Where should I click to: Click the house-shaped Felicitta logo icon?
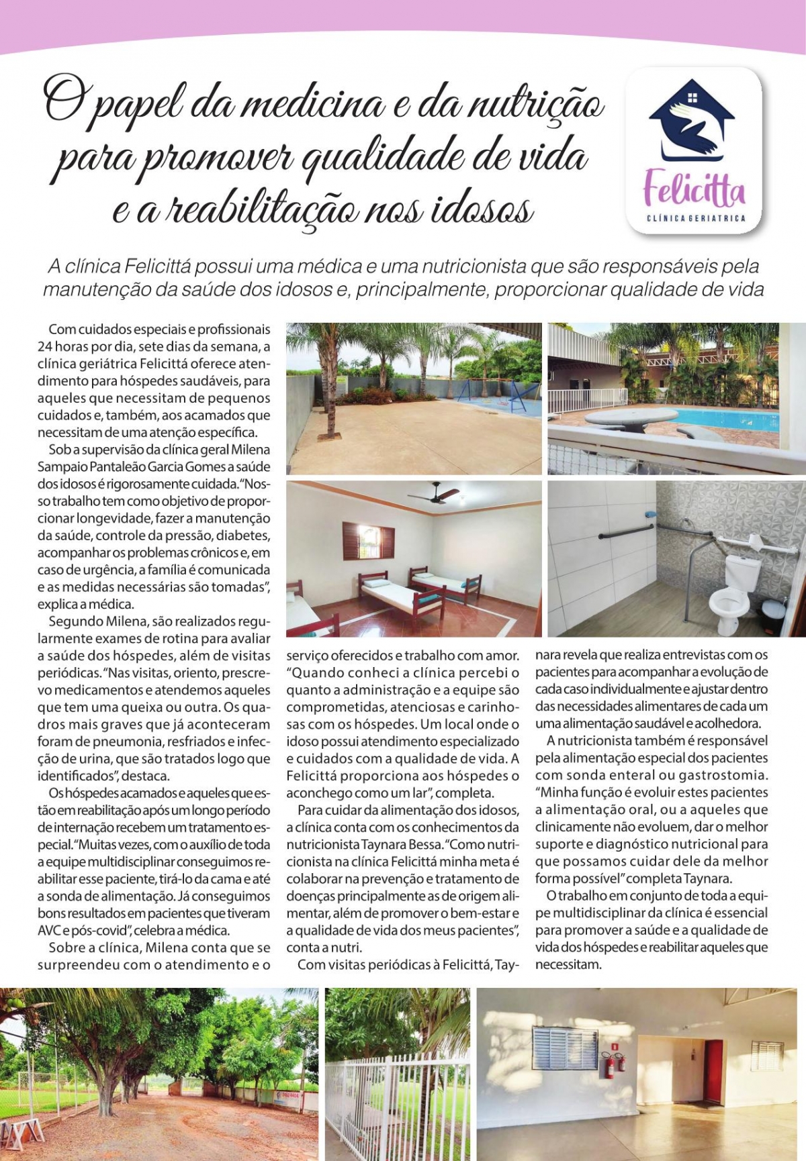[692, 121]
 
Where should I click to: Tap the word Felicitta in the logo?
[694, 189]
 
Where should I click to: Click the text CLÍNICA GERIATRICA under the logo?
[695, 219]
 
